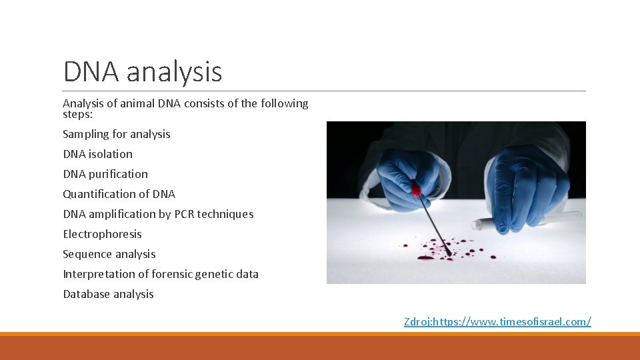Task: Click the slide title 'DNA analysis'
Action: [x=142, y=71]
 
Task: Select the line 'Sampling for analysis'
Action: [x=116, y=134]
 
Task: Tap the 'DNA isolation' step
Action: [x=97, y=154]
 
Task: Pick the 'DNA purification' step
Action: [x=105, y=174]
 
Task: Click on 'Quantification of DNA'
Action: [x=119, y=194]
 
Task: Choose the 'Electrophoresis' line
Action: [x=102, y=234]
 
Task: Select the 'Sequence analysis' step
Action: [x=109, y=254]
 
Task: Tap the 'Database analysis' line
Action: [x=108, y=294]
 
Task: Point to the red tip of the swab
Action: [x=416, y=189]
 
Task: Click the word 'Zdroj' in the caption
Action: [x=417, y=321]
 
